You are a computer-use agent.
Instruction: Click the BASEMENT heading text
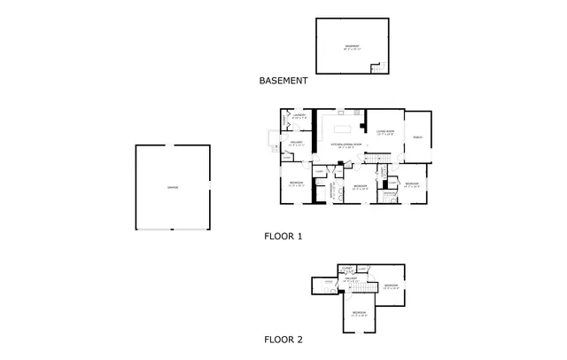[283, 81]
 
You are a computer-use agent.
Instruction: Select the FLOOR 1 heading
[283, 237]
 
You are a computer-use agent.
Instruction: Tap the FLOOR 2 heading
[283, 340]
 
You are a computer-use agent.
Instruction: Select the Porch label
[416, 137]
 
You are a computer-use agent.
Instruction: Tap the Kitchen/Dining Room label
[343, 144]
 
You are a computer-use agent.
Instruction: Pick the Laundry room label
[299, 115]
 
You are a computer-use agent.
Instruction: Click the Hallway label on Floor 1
[296, 142]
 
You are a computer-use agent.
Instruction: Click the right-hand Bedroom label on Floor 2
[391, 286]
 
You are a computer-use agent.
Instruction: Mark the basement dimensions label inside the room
[353, 49]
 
